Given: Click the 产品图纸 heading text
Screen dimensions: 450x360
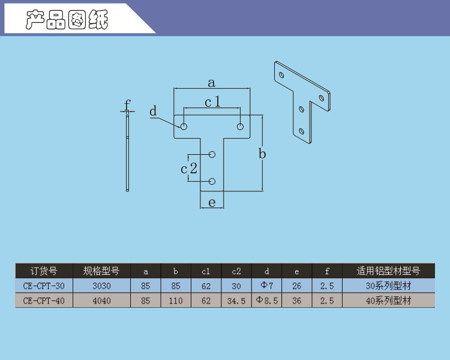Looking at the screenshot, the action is (x=67, y=20).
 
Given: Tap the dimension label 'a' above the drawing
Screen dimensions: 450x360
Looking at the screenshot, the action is (x=211, y=83).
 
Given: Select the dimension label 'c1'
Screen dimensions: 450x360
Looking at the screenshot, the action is (x=212, y=102).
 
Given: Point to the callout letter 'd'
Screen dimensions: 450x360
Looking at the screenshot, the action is (x=153, y=111).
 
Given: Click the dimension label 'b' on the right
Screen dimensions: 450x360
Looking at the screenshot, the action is (x=262, y=154).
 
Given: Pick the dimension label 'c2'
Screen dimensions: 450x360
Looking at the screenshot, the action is (x=189, y=168).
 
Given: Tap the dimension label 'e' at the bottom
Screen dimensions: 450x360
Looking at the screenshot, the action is (x=212, y=203).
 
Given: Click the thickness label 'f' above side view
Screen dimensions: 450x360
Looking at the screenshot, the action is (x=127, y=104).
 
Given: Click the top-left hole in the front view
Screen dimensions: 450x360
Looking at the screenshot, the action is (x=184, y=127).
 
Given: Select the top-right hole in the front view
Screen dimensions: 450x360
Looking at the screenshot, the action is (x=240, y=127).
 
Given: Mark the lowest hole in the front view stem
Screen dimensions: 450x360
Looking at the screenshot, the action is (x=212, y=181).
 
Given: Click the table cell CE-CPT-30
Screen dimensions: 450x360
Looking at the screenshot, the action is (x=44, y=286).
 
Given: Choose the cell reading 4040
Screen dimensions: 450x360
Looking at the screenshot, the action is (x=101, y=301).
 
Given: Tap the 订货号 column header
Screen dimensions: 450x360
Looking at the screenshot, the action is (x=44, y=271).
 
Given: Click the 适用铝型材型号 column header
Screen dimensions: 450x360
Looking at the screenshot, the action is (x=388, y=271).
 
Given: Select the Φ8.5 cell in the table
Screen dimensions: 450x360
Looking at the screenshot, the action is (x=267, y=301).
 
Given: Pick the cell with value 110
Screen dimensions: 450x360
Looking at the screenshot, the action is (x=176, y=301).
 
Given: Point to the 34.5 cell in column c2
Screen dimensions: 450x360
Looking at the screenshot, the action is (x=236, y=301).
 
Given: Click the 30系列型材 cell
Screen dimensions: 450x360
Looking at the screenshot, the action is (x=389, y=286).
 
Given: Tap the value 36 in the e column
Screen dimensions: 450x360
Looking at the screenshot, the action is (x=297, y=301).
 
